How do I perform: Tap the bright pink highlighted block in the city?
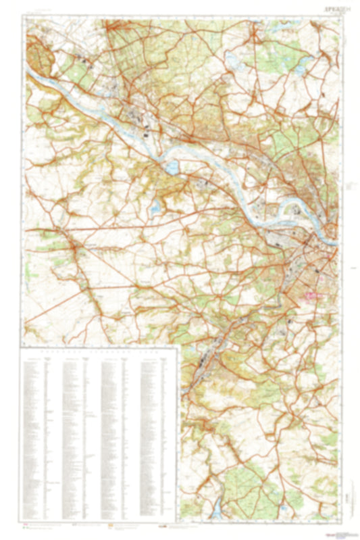[313, 295]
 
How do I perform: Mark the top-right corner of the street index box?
[179, 347]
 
